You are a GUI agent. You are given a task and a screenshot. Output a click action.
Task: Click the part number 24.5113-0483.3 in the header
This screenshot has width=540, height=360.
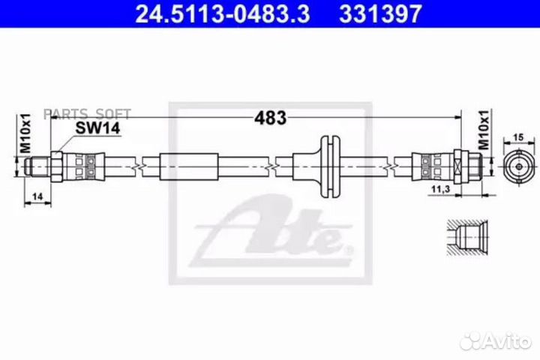pos(223,13)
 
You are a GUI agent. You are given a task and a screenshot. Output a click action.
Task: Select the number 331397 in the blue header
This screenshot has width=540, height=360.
pos(380,13)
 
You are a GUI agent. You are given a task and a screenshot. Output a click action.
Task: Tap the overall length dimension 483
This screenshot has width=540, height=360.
pos(270,118)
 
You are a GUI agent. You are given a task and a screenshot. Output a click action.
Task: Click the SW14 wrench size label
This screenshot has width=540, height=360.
pos(97,128)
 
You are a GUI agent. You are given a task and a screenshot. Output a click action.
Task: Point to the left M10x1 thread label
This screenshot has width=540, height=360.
pos(25,133)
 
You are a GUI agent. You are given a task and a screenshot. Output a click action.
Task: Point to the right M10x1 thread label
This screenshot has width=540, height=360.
pos(484,130)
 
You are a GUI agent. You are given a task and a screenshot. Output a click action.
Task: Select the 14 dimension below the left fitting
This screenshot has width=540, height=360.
pos(37,196)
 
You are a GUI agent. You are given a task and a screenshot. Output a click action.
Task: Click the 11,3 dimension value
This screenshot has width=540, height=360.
pos(441,189)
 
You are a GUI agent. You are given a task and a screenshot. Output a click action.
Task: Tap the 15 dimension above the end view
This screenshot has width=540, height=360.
pos(518,137)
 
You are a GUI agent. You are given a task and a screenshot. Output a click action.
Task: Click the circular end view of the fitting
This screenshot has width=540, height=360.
pos(519,166)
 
